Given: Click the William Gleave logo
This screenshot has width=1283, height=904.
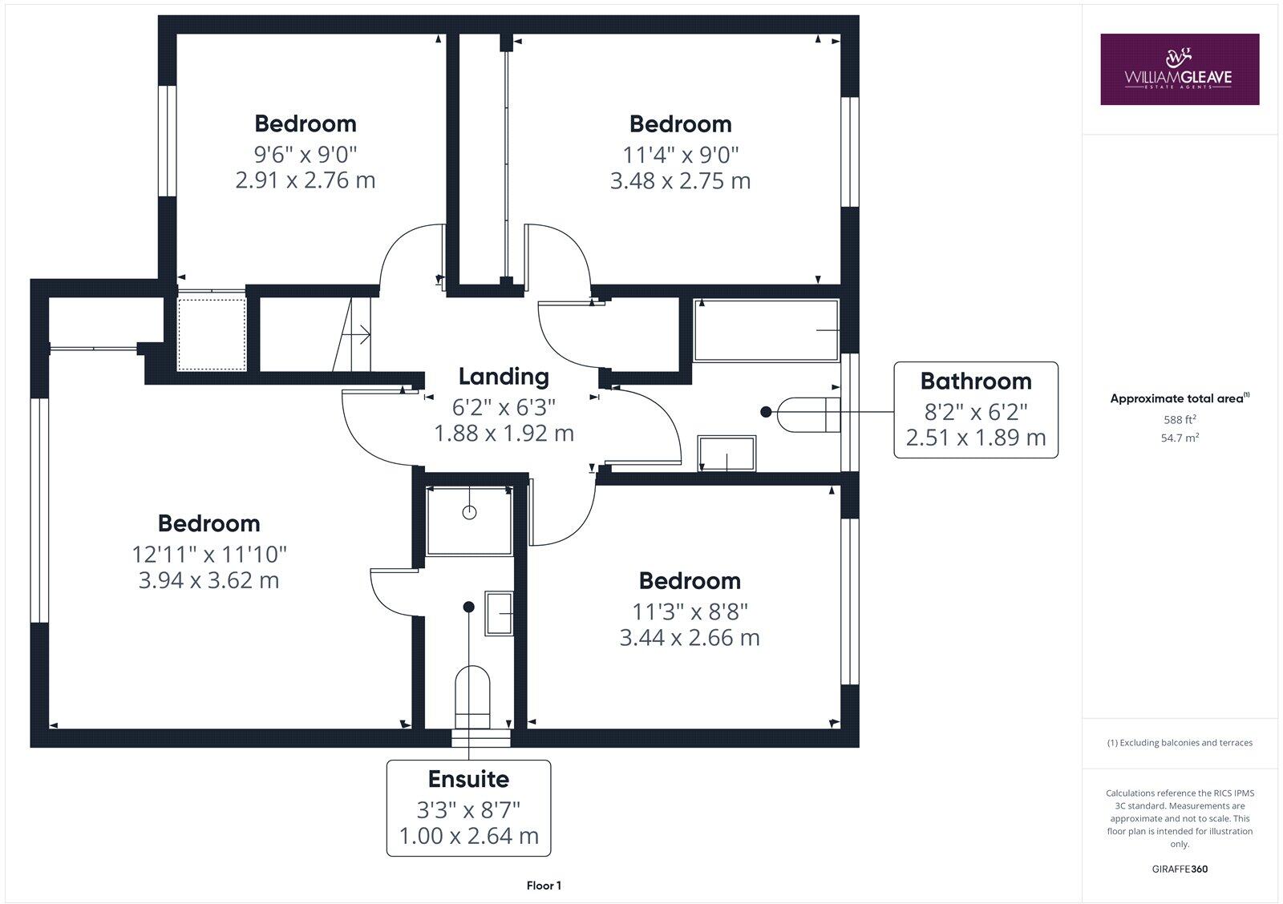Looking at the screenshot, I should coord(1179,69).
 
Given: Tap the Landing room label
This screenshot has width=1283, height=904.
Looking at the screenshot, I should coord(504,376).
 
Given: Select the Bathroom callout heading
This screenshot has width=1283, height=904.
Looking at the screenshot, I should coord(975,381).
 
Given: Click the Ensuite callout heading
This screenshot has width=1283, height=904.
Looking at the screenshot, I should coord(468,779).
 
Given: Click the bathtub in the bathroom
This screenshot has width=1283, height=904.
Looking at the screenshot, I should coord(766,330).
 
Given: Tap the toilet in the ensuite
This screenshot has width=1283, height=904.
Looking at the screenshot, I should coord(472,689).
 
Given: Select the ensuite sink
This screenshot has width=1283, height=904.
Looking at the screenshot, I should coord(499,614).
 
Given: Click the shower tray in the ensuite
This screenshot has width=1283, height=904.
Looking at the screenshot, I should coord(469,519).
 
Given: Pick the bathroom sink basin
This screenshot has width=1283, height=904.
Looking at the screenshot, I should coord(726,454).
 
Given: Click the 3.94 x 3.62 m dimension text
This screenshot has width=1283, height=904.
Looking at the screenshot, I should coord(208,580).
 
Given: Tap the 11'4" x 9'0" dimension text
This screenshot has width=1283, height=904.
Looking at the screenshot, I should coord(680,154).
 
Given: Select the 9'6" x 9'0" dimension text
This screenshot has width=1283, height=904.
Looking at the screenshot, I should coord(305,153).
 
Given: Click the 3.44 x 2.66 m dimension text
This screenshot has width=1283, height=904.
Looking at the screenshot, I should coord(690,638).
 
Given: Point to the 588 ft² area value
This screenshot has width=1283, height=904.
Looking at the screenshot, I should coord(1180,419).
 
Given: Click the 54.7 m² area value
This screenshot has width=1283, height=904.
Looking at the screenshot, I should coord(1180,438).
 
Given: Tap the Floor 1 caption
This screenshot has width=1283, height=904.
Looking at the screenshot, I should coord(544,886).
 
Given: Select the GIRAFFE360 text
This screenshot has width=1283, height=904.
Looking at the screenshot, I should coord(1180,869).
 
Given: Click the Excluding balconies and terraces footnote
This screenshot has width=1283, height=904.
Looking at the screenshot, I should coord(1180,743).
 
